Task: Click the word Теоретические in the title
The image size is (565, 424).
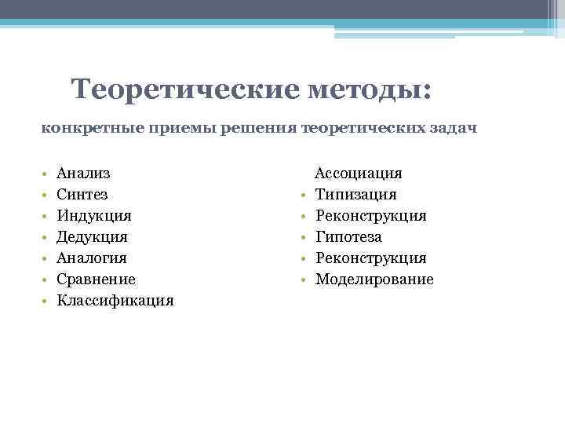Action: (x=185, y=89)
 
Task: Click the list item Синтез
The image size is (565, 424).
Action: (x=82, y=194)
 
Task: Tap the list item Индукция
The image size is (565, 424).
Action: (x=94, y=215)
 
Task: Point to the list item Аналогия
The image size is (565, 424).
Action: (x=92, y=258)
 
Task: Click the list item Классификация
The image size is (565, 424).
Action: (x=115, y=300)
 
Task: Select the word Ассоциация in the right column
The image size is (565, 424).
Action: (x=359, y=173)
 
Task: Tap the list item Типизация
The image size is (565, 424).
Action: (x=355, y=194)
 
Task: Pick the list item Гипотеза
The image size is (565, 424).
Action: (x=348, y=236)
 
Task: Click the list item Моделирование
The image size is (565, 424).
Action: (x=374, y=279)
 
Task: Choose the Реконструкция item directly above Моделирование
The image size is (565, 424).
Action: (x=370, y=258)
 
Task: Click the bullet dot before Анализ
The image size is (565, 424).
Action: (x=46, y=174)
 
